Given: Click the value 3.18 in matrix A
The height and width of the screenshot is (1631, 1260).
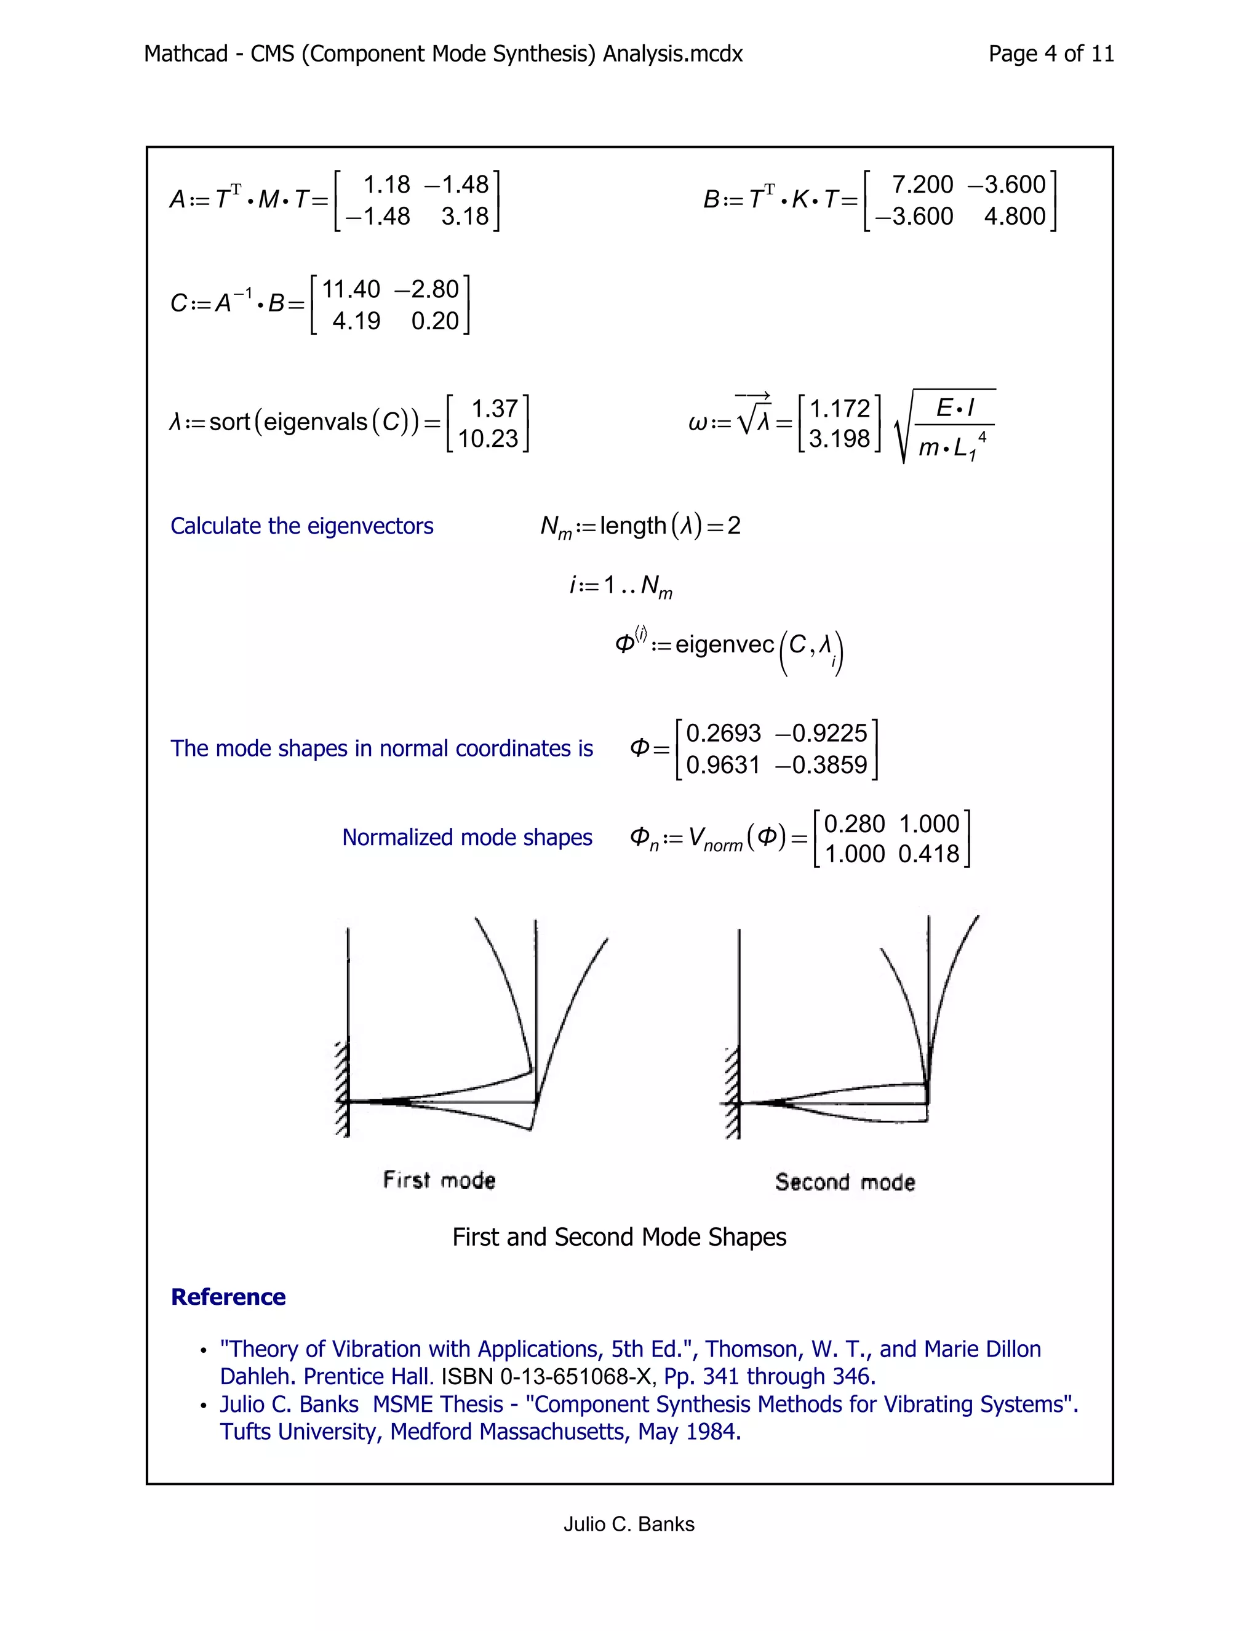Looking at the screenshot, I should coord(465,217).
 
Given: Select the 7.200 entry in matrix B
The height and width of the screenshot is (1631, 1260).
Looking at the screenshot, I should coord(923,185).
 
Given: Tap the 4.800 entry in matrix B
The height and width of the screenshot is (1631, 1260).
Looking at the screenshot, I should coord(1014,217).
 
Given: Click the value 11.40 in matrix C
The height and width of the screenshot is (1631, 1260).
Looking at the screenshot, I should coord(351,289).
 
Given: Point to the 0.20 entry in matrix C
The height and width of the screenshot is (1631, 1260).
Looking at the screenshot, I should coord(434,321).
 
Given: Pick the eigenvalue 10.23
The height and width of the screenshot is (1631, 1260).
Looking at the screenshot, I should coord(487,438).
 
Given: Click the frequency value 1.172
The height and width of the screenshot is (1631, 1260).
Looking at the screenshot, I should coord(840,409).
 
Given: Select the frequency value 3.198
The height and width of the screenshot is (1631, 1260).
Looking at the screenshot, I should coord(840,438).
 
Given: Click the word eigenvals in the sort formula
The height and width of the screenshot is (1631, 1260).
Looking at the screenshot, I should coord(316,423).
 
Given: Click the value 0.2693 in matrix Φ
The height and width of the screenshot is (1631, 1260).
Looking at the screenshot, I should coord(724,734).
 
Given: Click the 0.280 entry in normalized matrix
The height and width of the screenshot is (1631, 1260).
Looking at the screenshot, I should coord(855,824).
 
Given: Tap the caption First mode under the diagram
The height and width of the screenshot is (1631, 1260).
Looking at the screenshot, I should coord(439,1180).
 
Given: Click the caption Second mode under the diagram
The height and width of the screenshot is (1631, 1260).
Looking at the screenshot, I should coord(844,1182).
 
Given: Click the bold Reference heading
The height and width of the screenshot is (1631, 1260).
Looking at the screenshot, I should coord(228,1297).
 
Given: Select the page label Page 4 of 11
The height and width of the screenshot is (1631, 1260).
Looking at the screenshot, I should coord(1051,54).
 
